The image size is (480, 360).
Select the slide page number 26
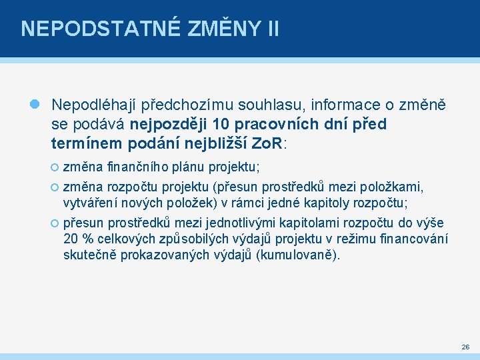pos(465,347)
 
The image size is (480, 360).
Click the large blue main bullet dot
pos(36,105)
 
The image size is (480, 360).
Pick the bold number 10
pos(223,124)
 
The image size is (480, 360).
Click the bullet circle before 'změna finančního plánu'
pos(56,167)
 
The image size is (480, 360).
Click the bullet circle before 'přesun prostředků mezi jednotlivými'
pos(56,223)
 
